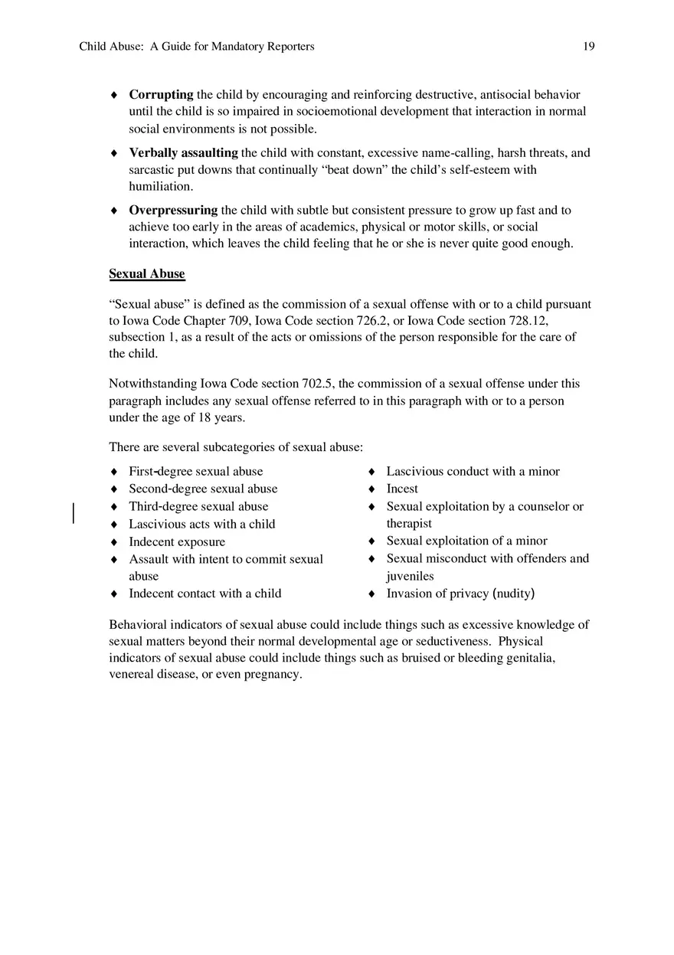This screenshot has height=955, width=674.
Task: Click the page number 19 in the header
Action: click(588, 47)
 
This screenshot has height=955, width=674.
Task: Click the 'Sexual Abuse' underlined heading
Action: click(147, 273)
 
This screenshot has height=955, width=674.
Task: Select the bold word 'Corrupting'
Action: click(161, 95)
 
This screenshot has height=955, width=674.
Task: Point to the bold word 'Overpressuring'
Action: click(173, 210)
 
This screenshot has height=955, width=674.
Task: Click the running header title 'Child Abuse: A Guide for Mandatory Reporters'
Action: click(197, 47)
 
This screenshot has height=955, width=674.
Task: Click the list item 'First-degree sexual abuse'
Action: click(195, 472)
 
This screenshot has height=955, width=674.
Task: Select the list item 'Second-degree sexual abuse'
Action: click(203, 489)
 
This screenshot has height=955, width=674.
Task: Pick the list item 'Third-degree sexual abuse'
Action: click(198, 506)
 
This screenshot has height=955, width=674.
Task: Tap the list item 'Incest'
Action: click(402, 489)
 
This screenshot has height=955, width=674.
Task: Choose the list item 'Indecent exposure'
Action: click(177, 541)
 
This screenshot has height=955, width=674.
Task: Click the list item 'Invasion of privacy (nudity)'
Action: click(460, 594)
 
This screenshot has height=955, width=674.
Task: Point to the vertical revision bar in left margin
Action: click(74, 512)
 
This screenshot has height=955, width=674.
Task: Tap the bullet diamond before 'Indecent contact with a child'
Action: click(114, 594)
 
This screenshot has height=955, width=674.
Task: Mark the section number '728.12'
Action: click(529, 321)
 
